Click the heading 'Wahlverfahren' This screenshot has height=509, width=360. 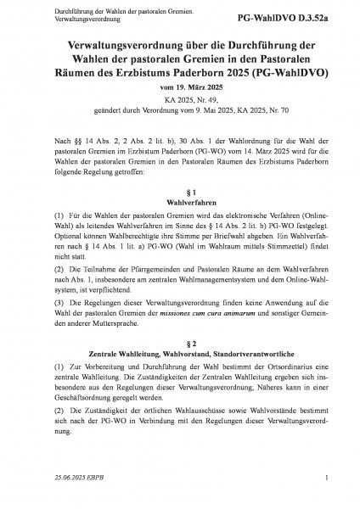(179, 204)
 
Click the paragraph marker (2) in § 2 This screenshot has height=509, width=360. (37, 422)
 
